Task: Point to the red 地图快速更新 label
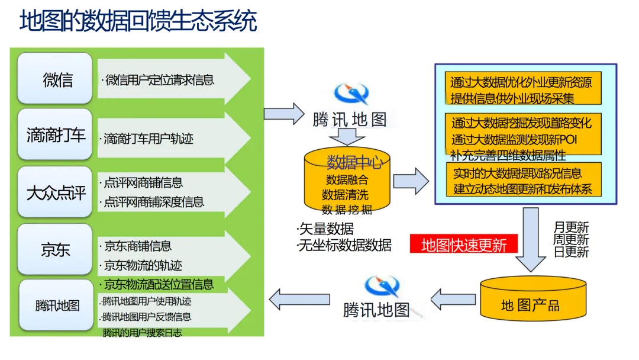click(x=464, y=245)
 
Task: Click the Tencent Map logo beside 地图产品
click(x=382, y=286)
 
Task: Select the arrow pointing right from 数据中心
click(x=411, y=181)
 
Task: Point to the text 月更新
click(x=571, y=227)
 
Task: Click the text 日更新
click(x=571, y=253)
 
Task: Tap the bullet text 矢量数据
click(x=326, y=229)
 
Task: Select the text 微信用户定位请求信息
click(x=159, y=80)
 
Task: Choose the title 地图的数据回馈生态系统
click(x=138, y=21)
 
